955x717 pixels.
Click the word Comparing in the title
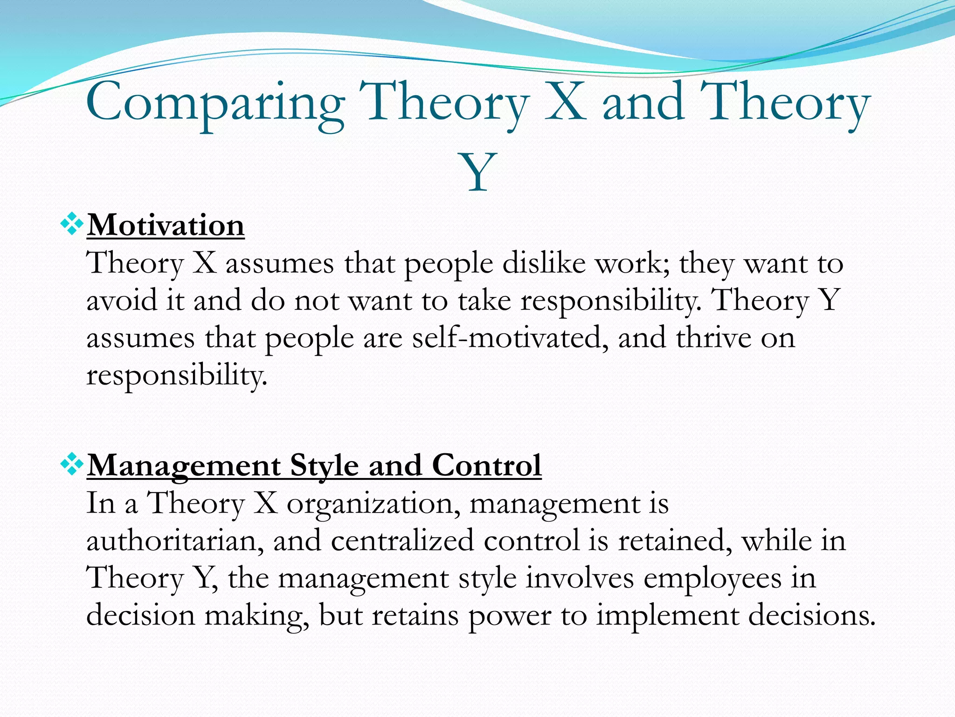[215, 104]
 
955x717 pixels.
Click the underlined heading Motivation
[166, 225]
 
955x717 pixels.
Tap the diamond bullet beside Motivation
[72, 224]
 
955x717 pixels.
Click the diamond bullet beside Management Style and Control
[72, 464]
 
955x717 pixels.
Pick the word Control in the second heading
[486, 465]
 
